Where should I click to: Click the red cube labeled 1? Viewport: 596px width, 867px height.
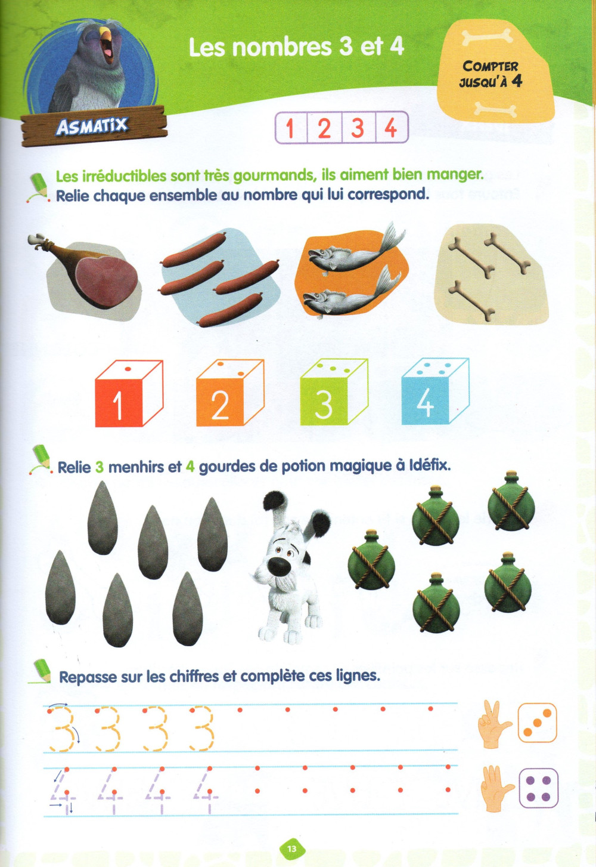coord(129,393)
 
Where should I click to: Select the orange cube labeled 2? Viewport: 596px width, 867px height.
coord(231,393)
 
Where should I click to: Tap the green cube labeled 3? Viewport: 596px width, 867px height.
coord(334,392)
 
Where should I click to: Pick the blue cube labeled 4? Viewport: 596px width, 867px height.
coord(436,391)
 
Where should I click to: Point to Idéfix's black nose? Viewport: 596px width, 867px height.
coord(279,567)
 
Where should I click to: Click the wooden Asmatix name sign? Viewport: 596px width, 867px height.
coord(93,126)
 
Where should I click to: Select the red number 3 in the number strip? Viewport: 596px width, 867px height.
coord(358,128)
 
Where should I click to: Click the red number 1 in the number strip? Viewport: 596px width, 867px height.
coord(290,128)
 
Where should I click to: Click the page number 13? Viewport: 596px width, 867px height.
coord(292,849)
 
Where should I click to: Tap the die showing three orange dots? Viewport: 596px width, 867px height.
coord(537,722)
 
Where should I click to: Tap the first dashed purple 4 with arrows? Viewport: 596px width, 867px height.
coord(63,792)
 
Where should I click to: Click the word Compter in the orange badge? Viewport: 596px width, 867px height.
coord(490,66)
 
